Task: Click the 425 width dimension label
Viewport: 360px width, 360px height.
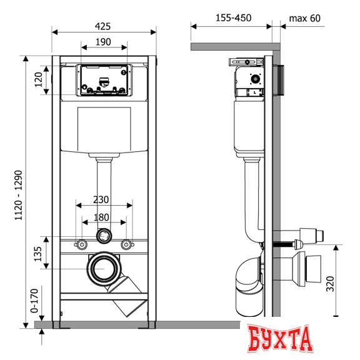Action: pos(103,26)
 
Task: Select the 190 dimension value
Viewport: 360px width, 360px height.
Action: pos(103,42)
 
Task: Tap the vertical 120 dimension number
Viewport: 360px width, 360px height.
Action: pos(39,79)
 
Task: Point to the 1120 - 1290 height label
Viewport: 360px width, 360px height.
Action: pos(18,195)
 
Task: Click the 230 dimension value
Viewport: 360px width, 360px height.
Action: pos(101,200)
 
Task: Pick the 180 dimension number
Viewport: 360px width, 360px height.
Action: pos(101,217)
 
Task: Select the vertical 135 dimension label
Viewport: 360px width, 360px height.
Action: pos(38,254)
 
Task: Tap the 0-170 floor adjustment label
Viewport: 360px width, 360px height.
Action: pos(34,301)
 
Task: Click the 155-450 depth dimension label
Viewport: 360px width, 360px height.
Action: pos(234,18)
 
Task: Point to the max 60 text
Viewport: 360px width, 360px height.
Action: pos(304,18)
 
